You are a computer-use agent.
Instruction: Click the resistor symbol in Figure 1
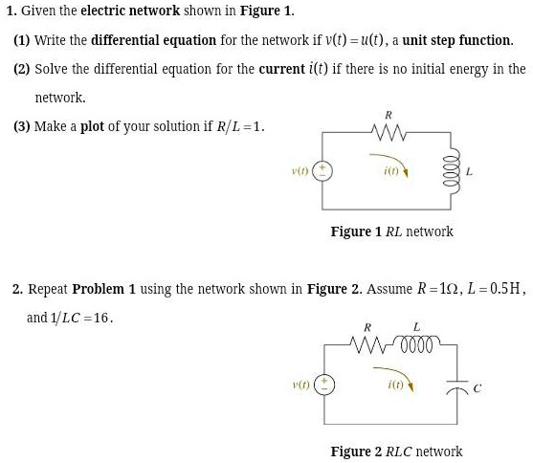[x=389, y=132]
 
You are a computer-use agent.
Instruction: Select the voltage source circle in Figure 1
[x=322, y=171]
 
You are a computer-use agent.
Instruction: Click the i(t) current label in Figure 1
[x=390, y=171]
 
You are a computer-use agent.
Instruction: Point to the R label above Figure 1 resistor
[x=389, y=115]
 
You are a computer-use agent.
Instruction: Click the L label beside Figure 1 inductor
[x=469, y=171]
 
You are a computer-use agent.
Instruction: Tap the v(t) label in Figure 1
[x=300, y=170]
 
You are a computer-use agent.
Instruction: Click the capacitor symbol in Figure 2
[x=457, y=386]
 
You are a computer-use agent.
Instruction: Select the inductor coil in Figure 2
[x=417, y=343]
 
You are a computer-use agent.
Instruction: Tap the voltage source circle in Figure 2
[x=324, y=385]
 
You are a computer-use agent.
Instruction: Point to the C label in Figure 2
[x=477, y=387]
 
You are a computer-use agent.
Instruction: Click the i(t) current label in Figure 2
[x=395, y=385]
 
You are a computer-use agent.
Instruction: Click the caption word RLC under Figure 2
[x=399, y=452]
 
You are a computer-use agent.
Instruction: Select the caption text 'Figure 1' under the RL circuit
[x=356, y=231]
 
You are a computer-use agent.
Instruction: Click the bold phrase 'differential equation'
[x=154, y=40]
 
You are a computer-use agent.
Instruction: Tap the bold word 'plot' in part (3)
[x=92, y=126]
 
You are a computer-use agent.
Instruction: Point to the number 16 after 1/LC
[x=101, y=318]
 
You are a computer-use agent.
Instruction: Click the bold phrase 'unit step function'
[x=456, y=40]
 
